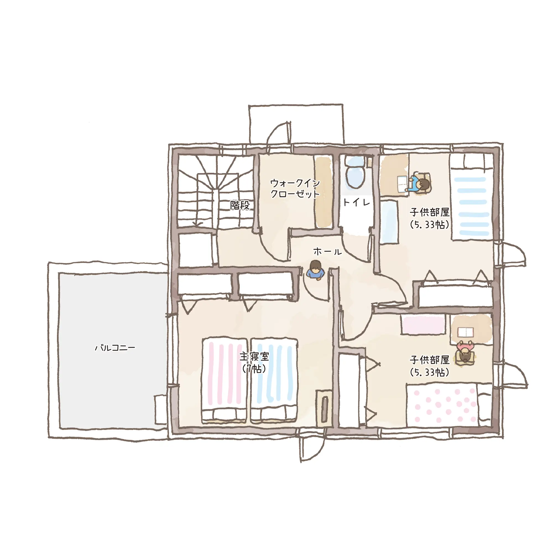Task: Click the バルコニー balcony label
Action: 115,348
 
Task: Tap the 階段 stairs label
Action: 240,205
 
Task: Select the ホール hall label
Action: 327,252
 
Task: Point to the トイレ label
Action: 356,203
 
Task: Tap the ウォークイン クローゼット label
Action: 295,188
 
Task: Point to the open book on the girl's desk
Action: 465,332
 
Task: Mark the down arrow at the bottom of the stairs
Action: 197,223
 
